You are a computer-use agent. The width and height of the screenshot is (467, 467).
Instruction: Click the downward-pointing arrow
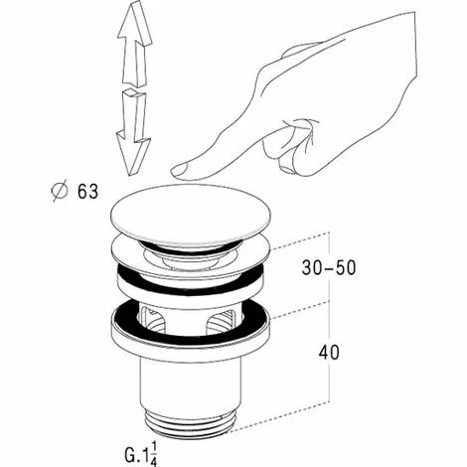(134, 132)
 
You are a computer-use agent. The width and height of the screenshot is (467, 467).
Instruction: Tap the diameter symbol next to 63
(60, 192)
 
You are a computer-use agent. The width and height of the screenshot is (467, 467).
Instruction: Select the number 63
(87, 192)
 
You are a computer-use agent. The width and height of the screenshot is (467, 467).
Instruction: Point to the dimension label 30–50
(329, 267)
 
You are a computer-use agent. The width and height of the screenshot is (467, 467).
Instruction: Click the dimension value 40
(329, 352)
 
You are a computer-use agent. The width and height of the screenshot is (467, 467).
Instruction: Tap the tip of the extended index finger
(173, 172)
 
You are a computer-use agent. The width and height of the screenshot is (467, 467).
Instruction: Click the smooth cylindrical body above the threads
(191, 385)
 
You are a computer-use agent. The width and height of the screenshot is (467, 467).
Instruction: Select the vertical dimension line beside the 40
(329, 352)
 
